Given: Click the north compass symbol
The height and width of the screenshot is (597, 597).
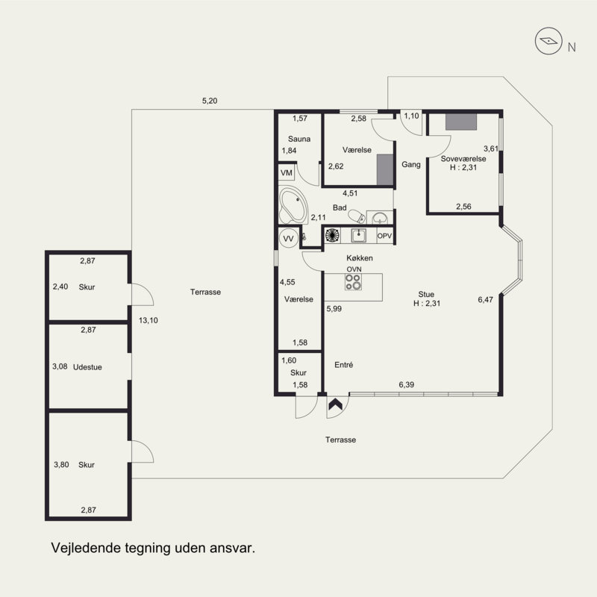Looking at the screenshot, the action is pyautogui.click(x=548, y=41).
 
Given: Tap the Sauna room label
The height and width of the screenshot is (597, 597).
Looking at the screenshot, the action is pyautogui.click(x=299, y=139).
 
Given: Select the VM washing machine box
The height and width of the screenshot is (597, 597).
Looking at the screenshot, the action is pyautogui.click(x=287, y=173).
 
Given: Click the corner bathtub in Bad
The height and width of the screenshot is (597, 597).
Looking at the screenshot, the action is pyautogui.click(x=293, y=205).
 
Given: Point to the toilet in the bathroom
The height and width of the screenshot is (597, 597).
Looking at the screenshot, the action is pyautogui.click(x=357, y=216).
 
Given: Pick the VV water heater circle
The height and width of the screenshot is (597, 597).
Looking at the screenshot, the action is pyautogui.click(x=289, y=239).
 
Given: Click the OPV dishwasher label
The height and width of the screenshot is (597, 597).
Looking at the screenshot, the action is pyautogui.click(x=384, y=236).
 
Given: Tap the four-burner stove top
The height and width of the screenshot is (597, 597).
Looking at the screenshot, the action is pyautogui.click(x=353, y=282).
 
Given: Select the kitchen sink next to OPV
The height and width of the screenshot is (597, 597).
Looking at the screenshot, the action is pyautogui.click(x=358, y=236).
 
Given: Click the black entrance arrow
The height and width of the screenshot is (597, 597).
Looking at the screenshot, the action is pyautogui.click(x=335, y=404).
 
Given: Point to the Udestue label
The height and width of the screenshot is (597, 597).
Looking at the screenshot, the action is pyautogui.click(x=87, y=367).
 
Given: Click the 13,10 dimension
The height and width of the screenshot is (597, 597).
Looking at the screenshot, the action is pyautogui.click(x=148, y=320).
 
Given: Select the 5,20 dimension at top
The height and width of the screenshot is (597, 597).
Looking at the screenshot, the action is pyautogui.click(x=210, y=101).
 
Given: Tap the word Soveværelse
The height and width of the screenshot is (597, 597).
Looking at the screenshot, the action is pyautogui.click(x=463, y=159).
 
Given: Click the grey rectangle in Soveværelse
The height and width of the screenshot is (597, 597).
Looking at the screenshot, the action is pyautogui.click(x=461, y=122).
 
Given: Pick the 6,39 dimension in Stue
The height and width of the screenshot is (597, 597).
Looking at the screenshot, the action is pyautogui.click(x=406, y=384).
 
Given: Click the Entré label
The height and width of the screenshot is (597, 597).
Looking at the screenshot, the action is pyautogui.click(x=343, y=365).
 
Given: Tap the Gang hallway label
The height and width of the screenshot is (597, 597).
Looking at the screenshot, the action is pyautogui.click(x=411, y=164).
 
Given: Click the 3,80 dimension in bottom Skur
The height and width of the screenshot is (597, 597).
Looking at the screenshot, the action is pyautogui.click(x=61, y=464).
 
